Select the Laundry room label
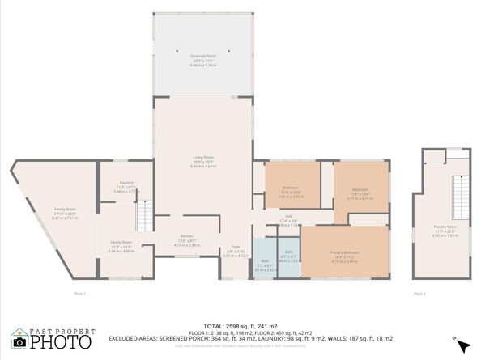[x=126, y=183]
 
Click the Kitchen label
[x=186, y=237]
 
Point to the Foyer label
[x=236, y=247]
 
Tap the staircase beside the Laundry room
[x=143, y=216]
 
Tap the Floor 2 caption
[x=419, y=293]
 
